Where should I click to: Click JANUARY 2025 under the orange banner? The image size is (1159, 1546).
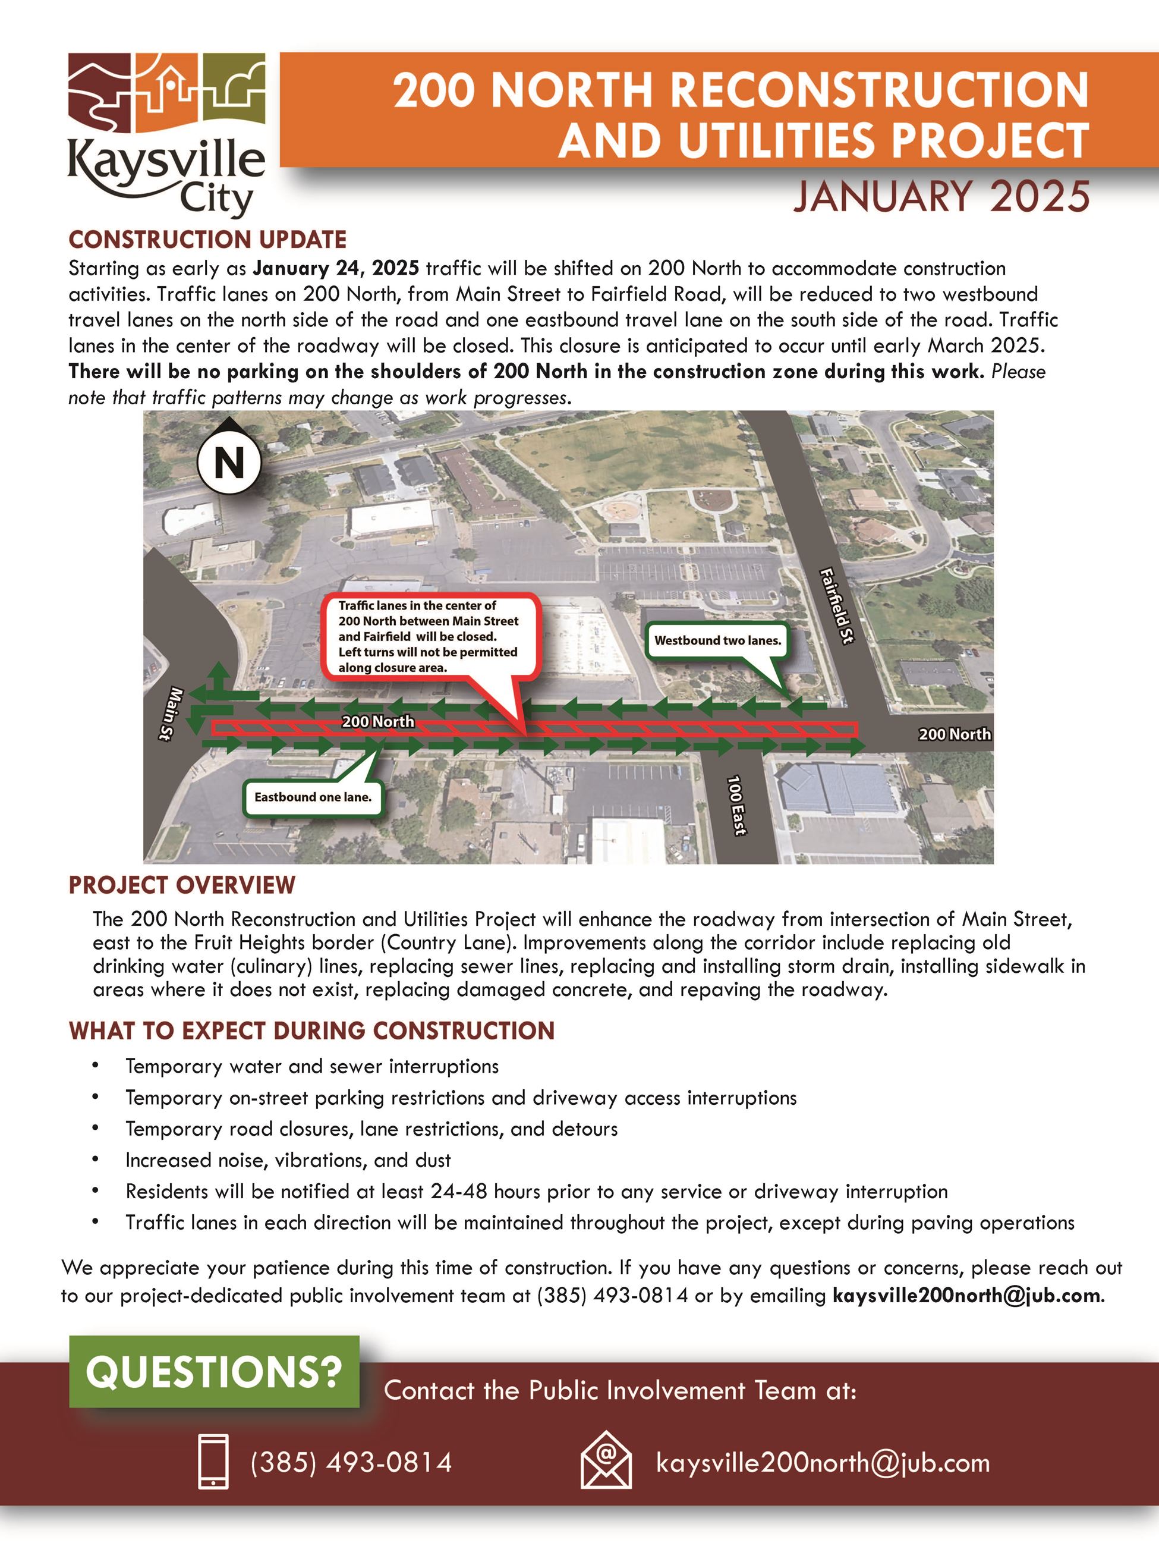tap(940, 196)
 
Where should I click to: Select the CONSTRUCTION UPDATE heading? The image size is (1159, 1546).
tap(207, 240)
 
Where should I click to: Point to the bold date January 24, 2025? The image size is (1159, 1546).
tap(336, 268)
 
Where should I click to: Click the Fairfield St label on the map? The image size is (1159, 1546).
tap(837, 606)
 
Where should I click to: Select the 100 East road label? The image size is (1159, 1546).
tap(736, 805)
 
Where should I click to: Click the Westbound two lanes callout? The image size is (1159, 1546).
tap(717, 640)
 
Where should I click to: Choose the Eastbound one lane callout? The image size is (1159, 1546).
tap(313, 797)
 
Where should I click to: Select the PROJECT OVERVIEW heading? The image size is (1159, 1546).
tap(182, 885)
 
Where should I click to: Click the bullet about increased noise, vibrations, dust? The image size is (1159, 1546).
tap(288, 1160)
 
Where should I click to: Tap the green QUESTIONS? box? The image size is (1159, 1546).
tap(214, 1371)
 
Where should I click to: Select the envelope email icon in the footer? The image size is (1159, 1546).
tap(606, 1459)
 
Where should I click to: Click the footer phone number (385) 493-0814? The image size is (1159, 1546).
tap(351, 1462)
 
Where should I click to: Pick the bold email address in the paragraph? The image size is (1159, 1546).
tap(967, 1295)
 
